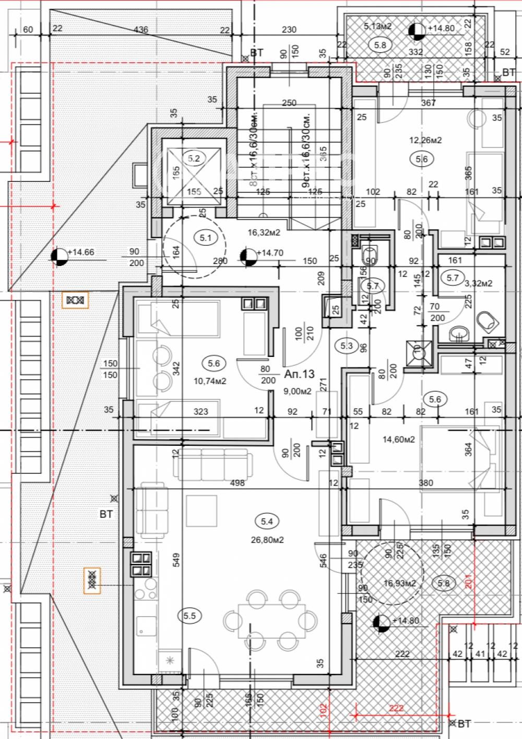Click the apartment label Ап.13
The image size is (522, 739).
point(300,374)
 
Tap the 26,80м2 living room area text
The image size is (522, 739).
point(267,540)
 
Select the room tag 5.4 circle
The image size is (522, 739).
point(267,521)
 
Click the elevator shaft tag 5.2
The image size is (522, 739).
point(194,158)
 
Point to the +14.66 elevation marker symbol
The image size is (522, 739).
point(60,257)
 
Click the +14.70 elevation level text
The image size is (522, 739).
point(272,253)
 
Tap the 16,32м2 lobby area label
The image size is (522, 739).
point(264,233)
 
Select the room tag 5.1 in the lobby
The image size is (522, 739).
point(206,238)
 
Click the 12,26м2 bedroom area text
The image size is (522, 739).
point(425,140)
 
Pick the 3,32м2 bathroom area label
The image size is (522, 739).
point(479,283)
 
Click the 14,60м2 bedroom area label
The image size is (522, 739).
point(399,440)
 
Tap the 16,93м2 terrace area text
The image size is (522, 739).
point(400,583)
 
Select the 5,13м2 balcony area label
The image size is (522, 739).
point(378,26)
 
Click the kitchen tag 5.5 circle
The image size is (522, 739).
point(189,616)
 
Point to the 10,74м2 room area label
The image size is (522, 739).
point(210,381)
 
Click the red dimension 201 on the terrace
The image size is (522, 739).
point(468,581)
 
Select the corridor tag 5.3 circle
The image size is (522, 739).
point(347,345)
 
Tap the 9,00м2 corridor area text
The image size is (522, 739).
point(298,391)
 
